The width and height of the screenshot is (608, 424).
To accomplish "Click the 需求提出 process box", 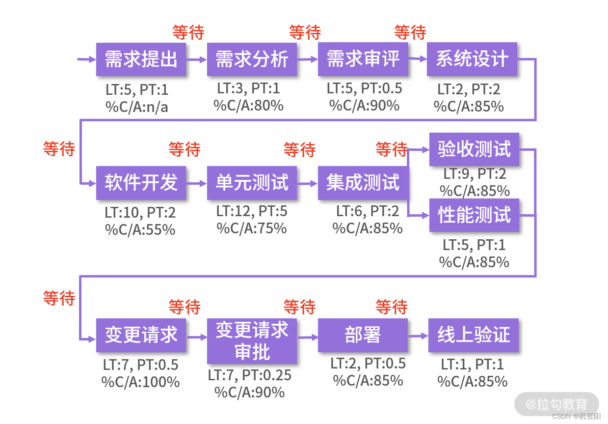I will [x=141, y=59].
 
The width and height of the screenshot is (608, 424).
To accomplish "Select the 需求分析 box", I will [x=252, y=59].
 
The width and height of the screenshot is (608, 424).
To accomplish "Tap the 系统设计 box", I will [x=472, y=59].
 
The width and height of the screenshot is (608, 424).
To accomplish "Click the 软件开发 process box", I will [x=141, y=183].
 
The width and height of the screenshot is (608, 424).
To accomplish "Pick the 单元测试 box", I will [x=252, y=183].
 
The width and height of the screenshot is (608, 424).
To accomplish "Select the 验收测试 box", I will [x=474, y=149].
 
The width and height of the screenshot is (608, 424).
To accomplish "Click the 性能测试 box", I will [x=474, y=215].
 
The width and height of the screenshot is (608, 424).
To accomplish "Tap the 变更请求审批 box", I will [x=252, y=341].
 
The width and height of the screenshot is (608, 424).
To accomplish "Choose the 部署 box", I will [x=363, y=336].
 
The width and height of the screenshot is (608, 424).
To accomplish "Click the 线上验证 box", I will [x=474, y=336].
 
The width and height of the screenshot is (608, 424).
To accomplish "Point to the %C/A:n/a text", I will [x=137, y=107].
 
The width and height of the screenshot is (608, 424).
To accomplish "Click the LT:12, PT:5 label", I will [x=252, y=212].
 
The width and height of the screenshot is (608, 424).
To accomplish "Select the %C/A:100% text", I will [x=140, y=382].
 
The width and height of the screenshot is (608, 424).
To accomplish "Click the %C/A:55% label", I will [x=140, y=229].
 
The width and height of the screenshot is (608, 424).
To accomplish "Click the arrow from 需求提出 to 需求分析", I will [x=196, y=59].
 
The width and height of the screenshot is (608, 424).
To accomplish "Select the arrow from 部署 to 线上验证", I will [x=418, y=336].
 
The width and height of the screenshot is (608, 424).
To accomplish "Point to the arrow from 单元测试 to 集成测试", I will [x=307, y=183].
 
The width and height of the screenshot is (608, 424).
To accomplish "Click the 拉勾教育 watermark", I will [x=556, y=404].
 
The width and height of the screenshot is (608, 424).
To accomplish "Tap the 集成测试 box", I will [x=363, y=183].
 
